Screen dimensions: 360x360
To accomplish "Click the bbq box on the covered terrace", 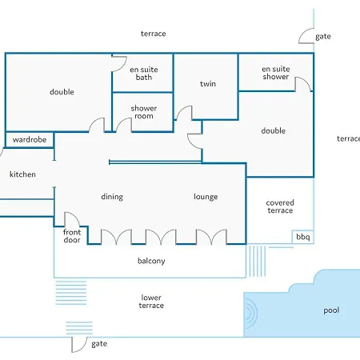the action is [x=303, y=237].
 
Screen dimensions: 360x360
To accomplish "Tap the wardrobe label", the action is [x=30, y=139].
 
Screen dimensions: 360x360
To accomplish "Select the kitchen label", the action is [x=22, y=174].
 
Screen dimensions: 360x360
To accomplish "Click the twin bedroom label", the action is [x=208, y=84].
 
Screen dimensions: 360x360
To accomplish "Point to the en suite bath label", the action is [x=144, y=74].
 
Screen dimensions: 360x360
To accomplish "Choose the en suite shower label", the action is [x=276, y=73].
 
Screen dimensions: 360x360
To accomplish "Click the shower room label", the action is [x=144, y=112].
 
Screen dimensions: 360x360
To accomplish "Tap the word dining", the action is [x=112, y=197].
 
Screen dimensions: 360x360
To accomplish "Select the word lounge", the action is [x=206, y=197].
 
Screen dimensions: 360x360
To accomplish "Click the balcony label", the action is [x=151, y=261].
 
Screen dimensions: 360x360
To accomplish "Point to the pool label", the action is [x=331, y=310].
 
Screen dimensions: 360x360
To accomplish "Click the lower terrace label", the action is [x=151, y=302].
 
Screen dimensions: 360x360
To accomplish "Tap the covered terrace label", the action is [x=280, y=206].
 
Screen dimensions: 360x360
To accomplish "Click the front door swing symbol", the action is [x=72, y=219].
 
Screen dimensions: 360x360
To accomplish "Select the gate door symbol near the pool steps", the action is [x=79, y=345].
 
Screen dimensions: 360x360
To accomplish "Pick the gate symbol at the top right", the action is [x=306, y=36].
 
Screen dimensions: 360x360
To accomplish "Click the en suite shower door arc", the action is [x=303, y=84].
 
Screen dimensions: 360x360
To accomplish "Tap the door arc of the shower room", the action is [x=124, y=125].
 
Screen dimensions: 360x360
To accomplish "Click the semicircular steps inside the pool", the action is [x=251, y=314].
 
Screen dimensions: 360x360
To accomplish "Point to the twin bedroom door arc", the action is [x=184, y=113].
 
